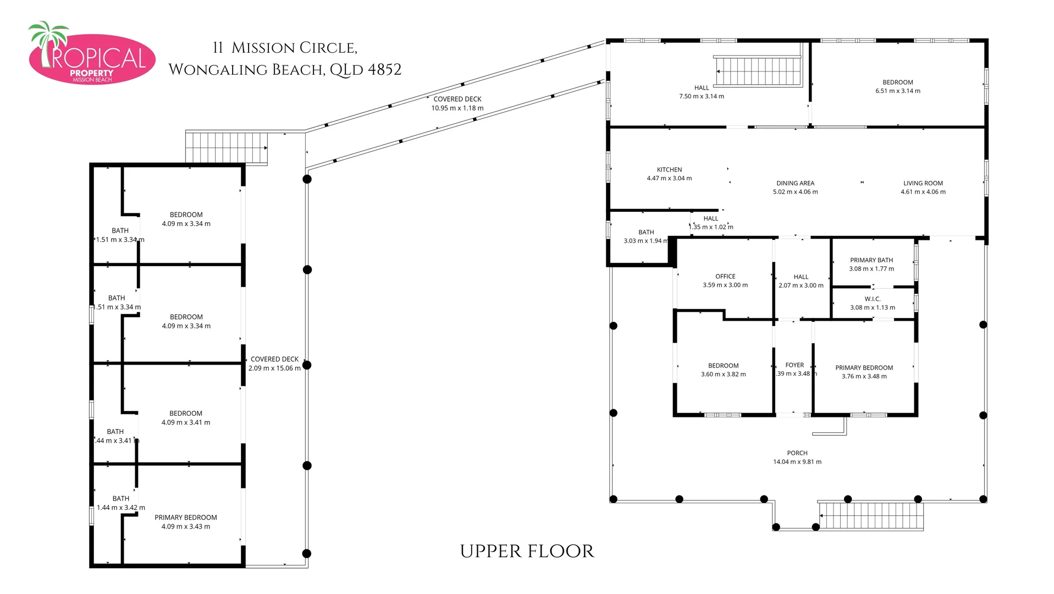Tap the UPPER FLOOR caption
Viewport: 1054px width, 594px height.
point(527,551)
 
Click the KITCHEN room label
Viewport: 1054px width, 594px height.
point(669,169)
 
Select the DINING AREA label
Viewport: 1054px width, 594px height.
point(795,183)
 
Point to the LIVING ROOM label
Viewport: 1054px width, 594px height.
point(923,183)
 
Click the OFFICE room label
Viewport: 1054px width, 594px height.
point(725,276)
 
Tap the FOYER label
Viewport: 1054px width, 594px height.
point(794,365)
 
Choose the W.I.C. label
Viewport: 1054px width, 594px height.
point(872,299)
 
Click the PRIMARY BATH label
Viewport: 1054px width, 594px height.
point(871,260)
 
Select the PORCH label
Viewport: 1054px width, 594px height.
point(797,453)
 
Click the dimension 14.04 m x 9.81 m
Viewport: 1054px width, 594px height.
point(797,462)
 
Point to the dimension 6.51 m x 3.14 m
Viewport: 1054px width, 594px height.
point(897,91)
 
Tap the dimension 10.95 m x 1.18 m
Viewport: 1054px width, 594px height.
point(457,108)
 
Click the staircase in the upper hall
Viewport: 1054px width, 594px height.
point(758,71)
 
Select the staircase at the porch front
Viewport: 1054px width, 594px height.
point(871,515)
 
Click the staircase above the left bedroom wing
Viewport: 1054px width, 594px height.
point(227,147)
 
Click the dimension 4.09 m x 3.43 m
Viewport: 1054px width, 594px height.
point(185,526)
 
